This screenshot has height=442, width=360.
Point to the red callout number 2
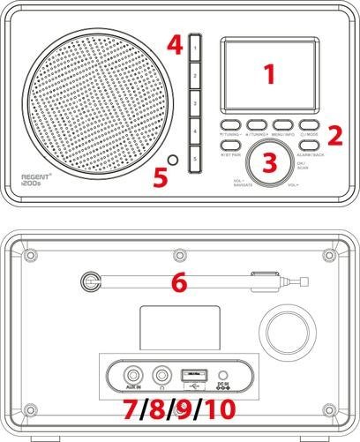pyautogui.click(x=335, y=134)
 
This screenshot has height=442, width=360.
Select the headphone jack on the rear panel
pyautogui.click(x=162, y=372)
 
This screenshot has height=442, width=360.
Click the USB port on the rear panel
pyautogui.click(x=193, y=371)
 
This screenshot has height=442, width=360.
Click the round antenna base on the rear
pyautogui.click(x=88, y=282)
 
